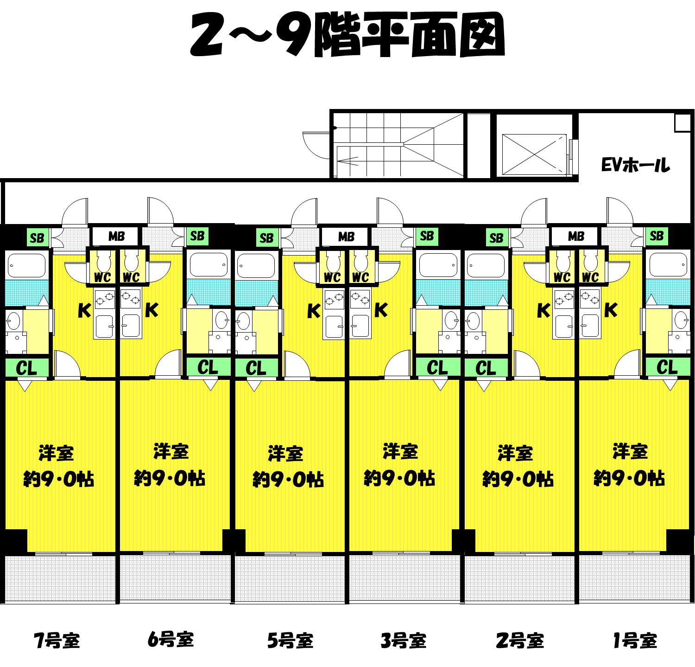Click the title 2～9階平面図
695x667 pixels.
[x=347, y=35]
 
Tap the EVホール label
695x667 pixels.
[x=635, y=165]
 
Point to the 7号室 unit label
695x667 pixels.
[x=57, y=641]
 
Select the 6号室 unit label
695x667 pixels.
[x=171, y=640]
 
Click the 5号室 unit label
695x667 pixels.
[x=290, y=641]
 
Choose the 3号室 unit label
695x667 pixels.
[x=403, y=641]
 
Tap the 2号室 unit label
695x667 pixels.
[x=519, y=641]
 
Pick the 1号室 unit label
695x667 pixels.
[x=635, y=641]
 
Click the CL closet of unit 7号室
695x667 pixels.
[x=27, y=368]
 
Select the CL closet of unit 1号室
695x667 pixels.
[x=667, y=367]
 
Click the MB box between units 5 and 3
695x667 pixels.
[x=346, y=237]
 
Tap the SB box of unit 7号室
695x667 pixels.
[x=37, y=238]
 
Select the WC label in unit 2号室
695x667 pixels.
[x=562, y=277]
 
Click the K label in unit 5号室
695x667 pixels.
[x=314, y=311]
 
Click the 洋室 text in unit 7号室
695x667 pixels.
[x=57, y=453]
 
